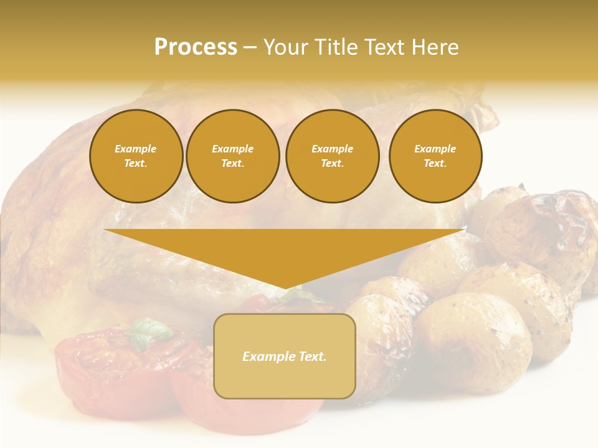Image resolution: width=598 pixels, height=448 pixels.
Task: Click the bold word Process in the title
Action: pyautogui.click(x=196, y=47)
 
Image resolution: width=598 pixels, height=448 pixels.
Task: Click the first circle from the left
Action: pyautogui.click(x=136, y=156)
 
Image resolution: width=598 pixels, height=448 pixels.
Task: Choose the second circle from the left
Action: pyautogui.click(x=232, y=156)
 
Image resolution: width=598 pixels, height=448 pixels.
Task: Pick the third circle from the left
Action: pyautogui.click(x=332, y=156)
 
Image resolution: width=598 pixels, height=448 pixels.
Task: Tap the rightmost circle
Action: pyautogui.click(x=435, y=156)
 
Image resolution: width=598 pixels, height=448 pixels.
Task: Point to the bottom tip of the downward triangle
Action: pyautogui.click(x=285, y=288)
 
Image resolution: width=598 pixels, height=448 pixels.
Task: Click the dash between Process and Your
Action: pyautogui.click(x=250, y=47)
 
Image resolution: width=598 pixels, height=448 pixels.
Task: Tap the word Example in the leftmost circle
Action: pyautogui.click(x=136, y=149)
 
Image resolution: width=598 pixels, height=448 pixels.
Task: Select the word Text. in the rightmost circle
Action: pyautogui.click(x=435, y=164)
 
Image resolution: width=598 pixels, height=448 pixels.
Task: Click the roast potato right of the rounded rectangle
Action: pyautogui.click(x=473, y=342)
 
